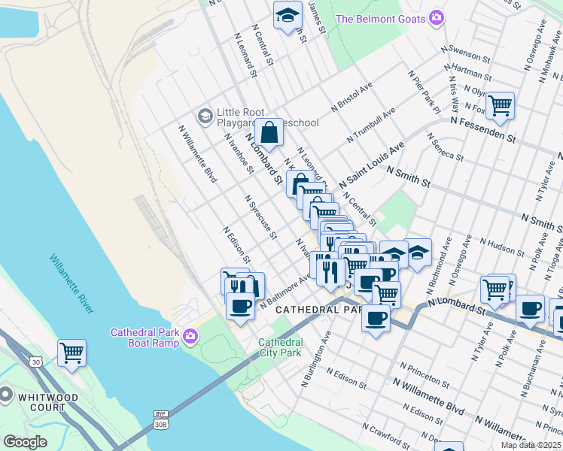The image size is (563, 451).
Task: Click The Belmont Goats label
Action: tap(379, 19)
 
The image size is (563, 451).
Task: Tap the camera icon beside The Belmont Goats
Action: tap(436, 19)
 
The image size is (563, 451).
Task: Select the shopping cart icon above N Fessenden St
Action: tap(499, 105)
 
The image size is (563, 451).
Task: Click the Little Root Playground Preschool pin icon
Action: tap(204, 116)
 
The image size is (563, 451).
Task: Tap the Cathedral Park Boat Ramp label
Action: tap(145, 337)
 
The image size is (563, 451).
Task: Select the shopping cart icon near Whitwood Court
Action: tap(72, 352)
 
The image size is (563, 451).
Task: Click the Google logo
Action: tap(25, 442)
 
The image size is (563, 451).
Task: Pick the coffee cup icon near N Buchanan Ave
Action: tap(529, 308)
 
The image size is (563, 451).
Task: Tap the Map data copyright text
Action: tap(532, 444)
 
